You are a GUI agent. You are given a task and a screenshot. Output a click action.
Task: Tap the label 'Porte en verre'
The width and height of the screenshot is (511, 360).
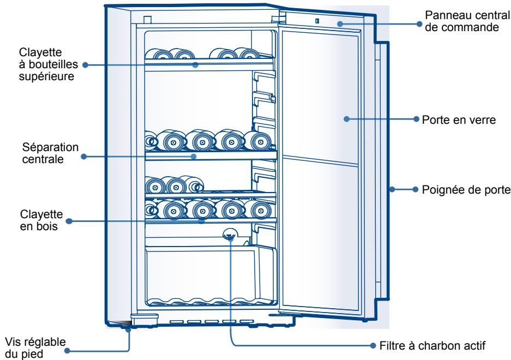(x=458, y=119)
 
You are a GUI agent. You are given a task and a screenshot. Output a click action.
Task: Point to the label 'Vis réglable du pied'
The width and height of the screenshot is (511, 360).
(x=34, y=347)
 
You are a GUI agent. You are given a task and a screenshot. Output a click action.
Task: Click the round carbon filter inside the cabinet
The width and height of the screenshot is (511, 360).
(x=230, y=235)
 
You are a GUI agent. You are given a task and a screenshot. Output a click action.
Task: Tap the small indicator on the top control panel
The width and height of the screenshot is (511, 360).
(x=316, y=22)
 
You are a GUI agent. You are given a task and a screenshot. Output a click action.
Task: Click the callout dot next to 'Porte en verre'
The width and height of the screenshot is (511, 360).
(x=417, y=119)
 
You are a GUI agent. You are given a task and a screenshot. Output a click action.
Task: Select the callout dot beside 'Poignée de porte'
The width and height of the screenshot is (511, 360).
(x=417, y=190)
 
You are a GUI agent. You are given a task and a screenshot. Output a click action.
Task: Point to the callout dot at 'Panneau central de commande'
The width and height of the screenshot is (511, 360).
(x=420, y=23)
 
